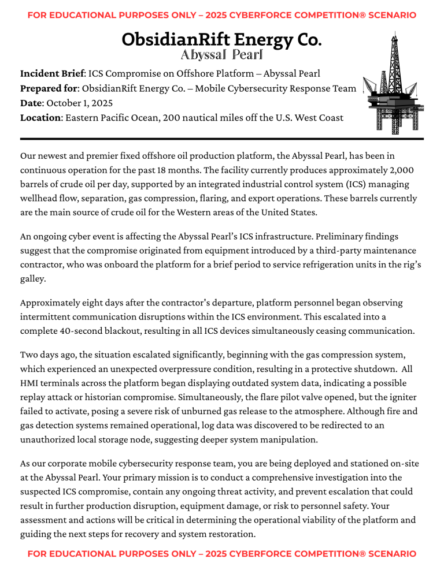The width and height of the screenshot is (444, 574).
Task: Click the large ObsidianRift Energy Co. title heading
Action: (x=222, y=40)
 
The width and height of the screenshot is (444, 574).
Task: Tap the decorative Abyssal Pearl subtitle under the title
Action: (x=222, y=55)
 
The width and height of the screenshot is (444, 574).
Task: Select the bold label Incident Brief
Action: (x=52, y=74)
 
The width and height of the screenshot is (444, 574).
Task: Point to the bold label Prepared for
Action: (x=49, y=88)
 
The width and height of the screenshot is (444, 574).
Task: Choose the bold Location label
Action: (x=40, y=118)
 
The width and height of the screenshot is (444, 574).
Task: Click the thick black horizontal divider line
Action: (x=222, y=139)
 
